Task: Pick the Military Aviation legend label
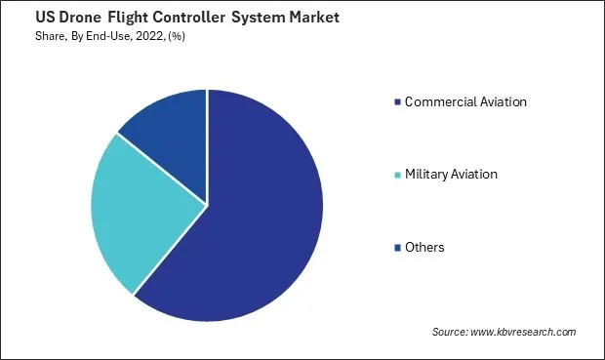coord(451,174)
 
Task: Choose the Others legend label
coord(424,247)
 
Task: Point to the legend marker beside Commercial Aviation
coord(397,101)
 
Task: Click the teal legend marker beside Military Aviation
coord(397,175)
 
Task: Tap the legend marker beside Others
coord(397,248)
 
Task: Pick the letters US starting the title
coord(20,17)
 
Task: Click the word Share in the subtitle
coord(25,35)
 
